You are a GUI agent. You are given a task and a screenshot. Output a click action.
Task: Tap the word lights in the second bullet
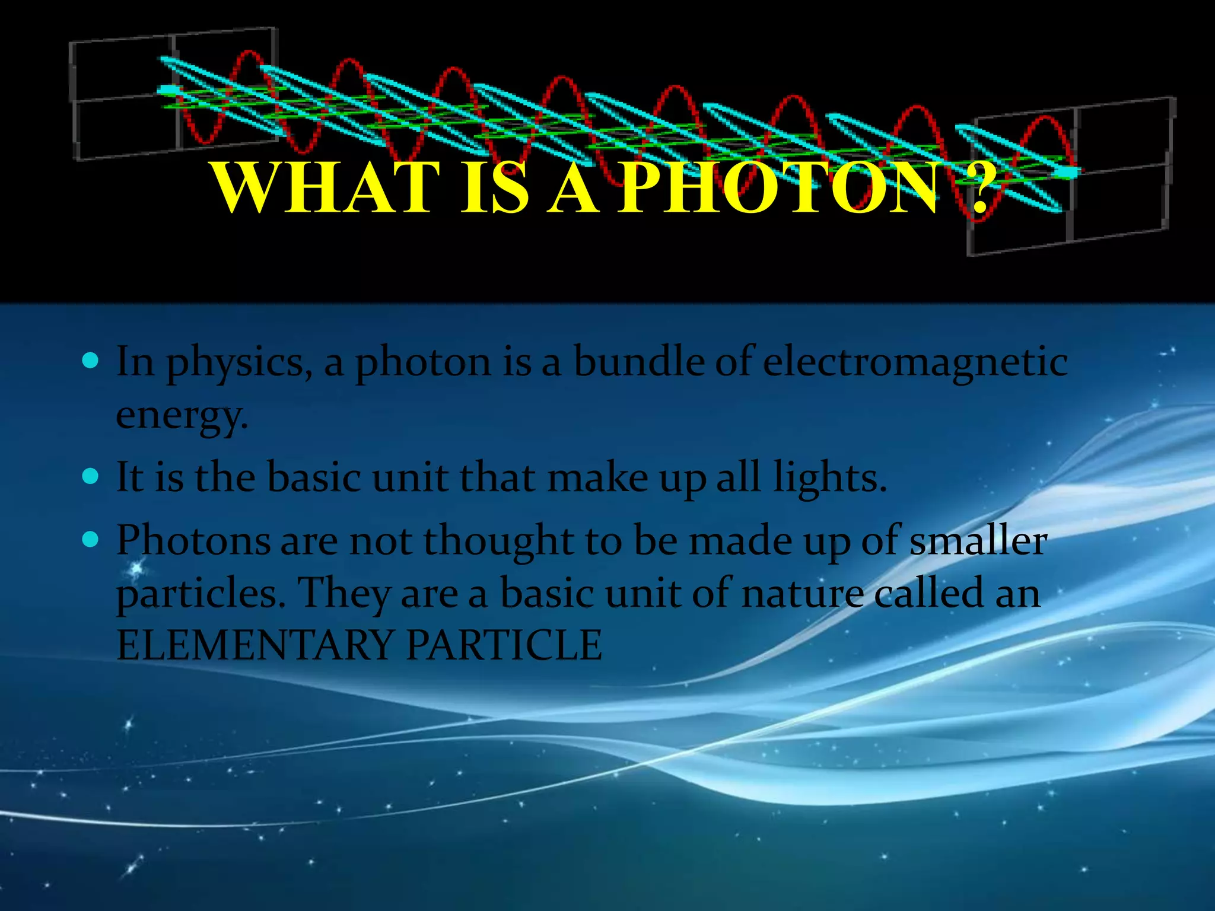tap(828, 477)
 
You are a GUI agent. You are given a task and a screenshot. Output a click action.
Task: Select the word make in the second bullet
tap(597, 477)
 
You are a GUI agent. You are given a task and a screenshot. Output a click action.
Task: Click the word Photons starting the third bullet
tap(193, 541)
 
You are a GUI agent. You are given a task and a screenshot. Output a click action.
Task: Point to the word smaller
tap(978, 541)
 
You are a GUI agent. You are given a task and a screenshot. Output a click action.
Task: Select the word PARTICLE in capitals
tap(504, 645)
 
